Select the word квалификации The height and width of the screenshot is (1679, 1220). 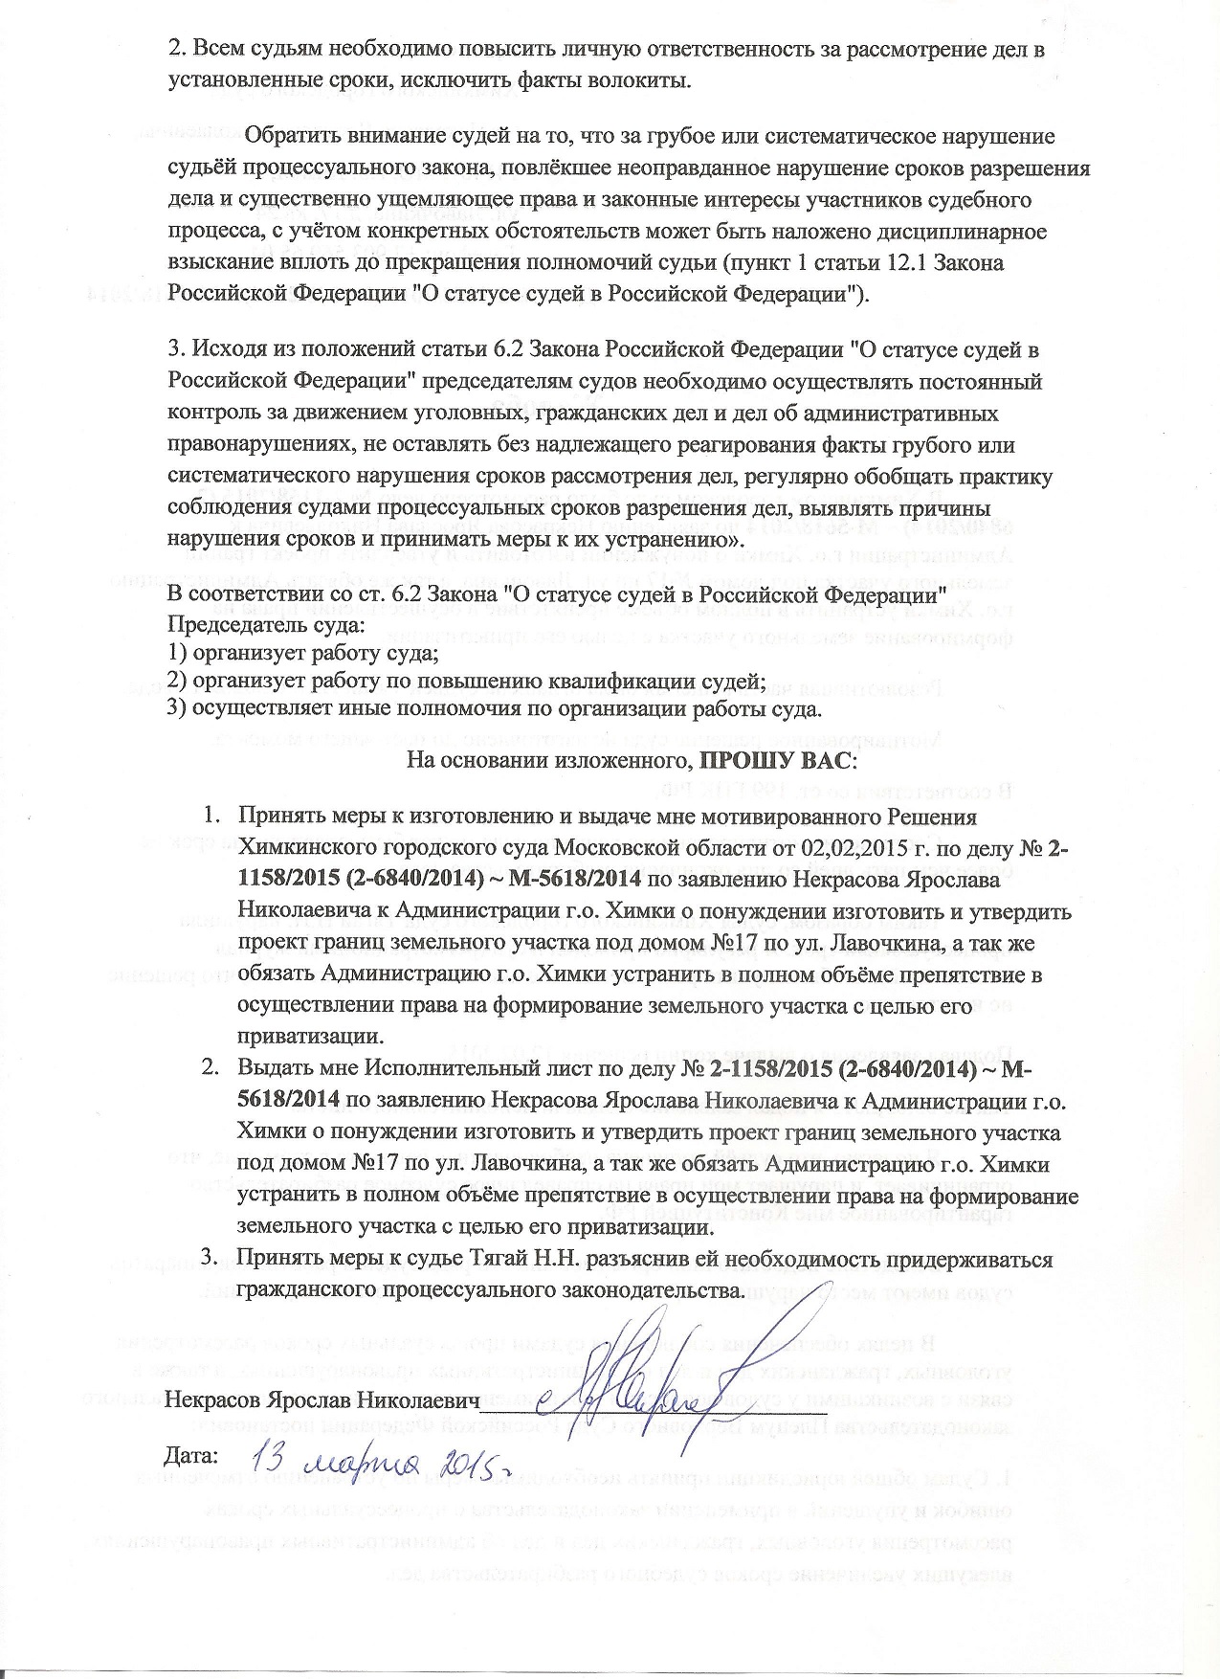pos(620,682)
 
